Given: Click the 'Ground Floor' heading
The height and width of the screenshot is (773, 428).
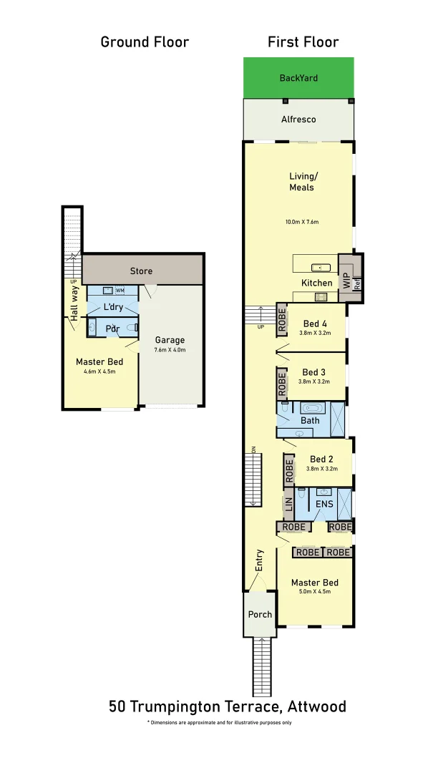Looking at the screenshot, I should (145, 42).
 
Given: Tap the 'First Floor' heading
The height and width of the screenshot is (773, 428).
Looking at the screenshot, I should (303, 42).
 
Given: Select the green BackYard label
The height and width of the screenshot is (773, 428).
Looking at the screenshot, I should (298, 78).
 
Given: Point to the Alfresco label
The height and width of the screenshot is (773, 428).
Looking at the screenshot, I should (298, 120).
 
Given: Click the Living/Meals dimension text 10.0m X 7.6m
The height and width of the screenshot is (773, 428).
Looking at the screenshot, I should (301, 222).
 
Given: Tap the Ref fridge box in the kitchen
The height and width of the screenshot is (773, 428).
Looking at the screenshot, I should (358, 282).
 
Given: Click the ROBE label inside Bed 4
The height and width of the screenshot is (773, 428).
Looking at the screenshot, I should (282, 319).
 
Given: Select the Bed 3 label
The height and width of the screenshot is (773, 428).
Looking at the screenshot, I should (313, 372).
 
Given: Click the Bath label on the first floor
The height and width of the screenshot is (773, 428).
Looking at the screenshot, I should (310, 421).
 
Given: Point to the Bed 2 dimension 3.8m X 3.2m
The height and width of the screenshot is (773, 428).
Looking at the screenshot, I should (321, 469).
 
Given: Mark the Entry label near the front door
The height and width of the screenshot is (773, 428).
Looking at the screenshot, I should (259, 560).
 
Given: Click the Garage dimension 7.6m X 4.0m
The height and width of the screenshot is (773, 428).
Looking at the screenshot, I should (170, 351).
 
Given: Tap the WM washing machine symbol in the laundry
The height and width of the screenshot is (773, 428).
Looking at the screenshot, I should (120, 291).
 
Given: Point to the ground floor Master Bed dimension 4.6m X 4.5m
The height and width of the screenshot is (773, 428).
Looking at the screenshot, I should (99, 371).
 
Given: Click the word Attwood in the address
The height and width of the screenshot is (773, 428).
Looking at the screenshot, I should (317, 707).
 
